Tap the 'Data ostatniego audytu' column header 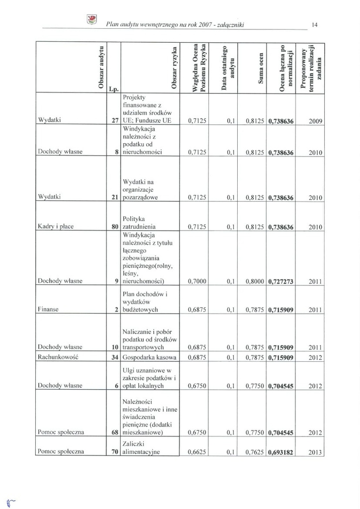229,68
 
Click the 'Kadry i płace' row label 56,227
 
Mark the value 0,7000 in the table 198,281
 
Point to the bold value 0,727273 281,281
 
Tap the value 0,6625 198,452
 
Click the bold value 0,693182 281,452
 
